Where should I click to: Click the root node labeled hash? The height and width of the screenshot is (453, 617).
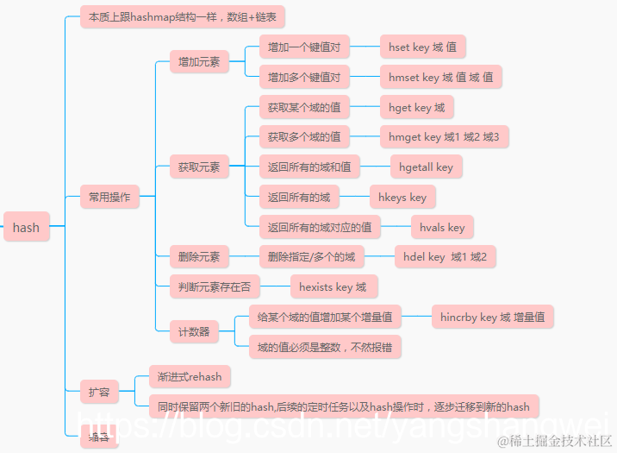click(26, 227)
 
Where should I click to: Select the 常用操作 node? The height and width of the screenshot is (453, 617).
click(109, 197)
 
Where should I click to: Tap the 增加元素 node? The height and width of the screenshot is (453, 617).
click(198, 61)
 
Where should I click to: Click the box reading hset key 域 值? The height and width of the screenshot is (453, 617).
click(422, 47)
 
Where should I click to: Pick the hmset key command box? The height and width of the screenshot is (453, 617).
click(440, 77)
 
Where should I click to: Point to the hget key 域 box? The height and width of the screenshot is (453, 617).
click(416, 107)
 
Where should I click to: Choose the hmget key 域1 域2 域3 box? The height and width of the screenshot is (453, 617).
click(443, 136)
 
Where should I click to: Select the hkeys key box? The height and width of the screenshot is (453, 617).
click(402, 197)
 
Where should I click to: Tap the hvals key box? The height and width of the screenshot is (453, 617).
click(442, 227)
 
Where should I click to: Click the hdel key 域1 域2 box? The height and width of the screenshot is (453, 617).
click(445, 256)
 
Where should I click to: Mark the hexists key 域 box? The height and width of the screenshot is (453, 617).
click(332, 286)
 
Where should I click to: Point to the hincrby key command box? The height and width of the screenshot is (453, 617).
click(491, 317)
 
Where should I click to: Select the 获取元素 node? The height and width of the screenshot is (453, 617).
click(198, 167)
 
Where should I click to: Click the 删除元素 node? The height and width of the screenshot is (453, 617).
click(198, 256)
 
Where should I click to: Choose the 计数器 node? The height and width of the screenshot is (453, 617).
click(194, 331)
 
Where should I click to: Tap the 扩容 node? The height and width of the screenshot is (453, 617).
click(99, 392)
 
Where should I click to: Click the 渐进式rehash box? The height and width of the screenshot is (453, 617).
click(190, 376)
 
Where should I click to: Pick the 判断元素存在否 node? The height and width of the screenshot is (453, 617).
click(215, 286)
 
